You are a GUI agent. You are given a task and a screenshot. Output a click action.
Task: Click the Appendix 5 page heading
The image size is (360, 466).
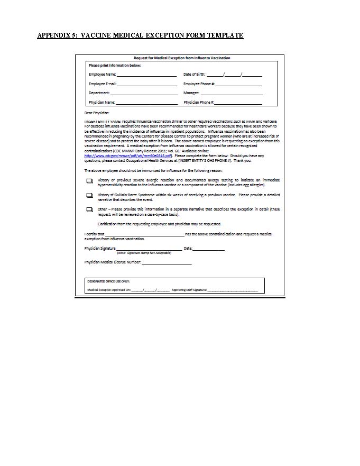(140, 35)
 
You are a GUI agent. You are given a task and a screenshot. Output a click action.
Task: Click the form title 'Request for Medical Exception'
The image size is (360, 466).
(182, 58)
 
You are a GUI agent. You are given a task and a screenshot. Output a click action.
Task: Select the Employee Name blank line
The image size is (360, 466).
(146, 76)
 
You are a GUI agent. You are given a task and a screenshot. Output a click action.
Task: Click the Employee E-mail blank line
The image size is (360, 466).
(146, 85)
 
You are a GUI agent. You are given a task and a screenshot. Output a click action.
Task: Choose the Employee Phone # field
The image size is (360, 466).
(238, 85)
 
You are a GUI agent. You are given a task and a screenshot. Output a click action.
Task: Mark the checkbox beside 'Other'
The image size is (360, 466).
(89, 210)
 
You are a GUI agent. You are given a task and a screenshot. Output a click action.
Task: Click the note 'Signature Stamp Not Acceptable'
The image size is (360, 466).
(144, 253)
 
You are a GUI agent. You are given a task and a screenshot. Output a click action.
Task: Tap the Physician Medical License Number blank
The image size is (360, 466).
(167, 263)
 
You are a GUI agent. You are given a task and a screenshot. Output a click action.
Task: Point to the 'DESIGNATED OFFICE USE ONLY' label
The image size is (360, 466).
(108, 281)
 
